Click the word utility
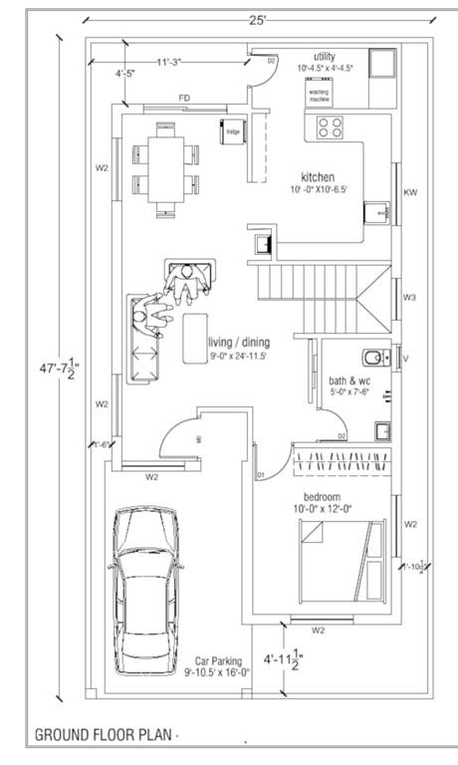click(326, 56)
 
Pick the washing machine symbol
click(319, 93)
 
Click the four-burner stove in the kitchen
click(330, 127)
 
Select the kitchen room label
click(318, 176)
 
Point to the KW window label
click(409, 191)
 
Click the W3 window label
click(409, 297)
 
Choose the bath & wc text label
click(348, 380)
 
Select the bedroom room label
click(322, 496)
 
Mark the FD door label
click(184, 97)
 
